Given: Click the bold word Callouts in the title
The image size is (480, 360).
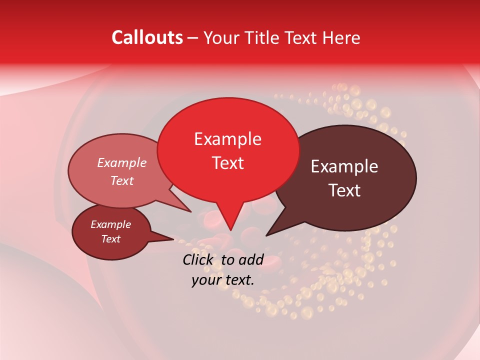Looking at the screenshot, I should (x=147, y=37).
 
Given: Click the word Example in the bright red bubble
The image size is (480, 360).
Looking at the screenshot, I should (x=227, y=139).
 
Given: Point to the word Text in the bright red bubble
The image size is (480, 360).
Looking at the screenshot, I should (x=227, y=162).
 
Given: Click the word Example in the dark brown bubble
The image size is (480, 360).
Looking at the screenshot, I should (x=344, y=166).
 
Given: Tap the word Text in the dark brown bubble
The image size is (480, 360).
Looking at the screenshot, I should (x=344, y=190).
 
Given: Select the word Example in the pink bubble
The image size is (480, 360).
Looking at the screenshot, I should (x=121, y=162).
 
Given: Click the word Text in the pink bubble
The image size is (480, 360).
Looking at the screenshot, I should (x=121, y=180).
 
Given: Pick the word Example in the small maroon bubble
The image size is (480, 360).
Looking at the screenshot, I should (x=110, y=224).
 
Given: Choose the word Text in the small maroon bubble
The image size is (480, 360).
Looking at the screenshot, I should (x=110, y=239).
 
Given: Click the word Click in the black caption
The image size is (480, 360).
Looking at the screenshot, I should (x=199, y=259).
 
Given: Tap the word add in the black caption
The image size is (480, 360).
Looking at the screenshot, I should (x=251, y=259).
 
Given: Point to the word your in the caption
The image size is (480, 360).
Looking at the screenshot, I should (x=206, y=280).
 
